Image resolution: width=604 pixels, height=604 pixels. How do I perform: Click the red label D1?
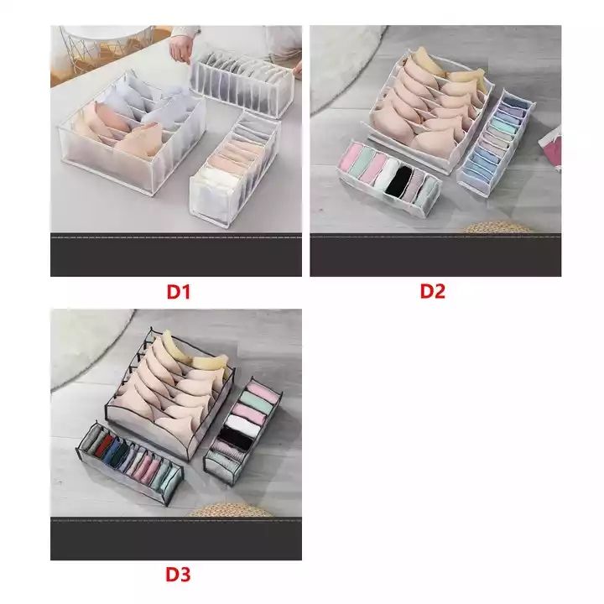(x=179, y=292)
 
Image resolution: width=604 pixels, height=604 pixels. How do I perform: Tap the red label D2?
(x=432, y=292)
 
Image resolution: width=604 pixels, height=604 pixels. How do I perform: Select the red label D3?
(x=177, y=575)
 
